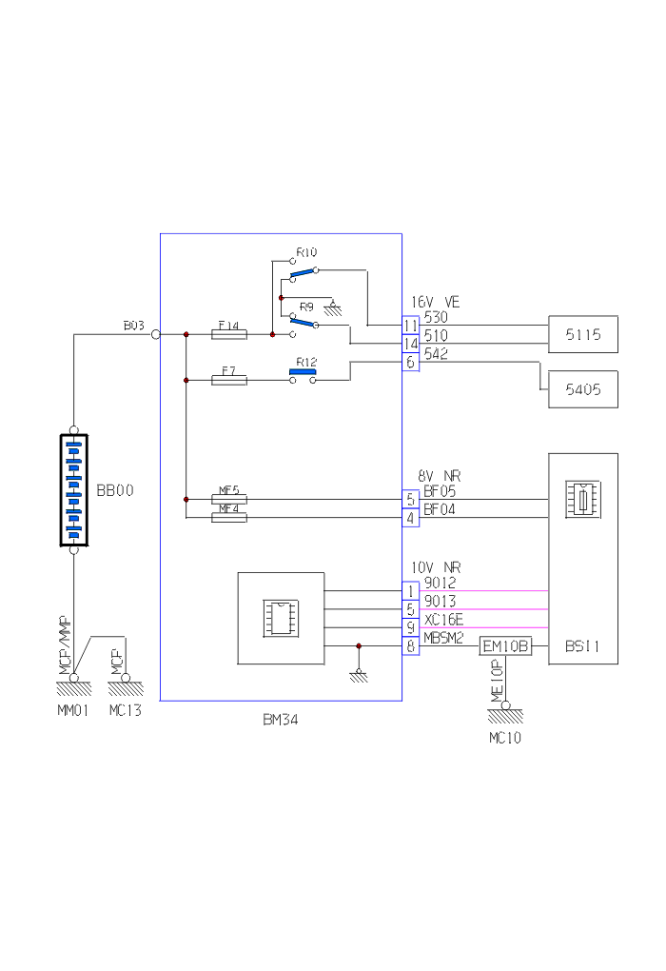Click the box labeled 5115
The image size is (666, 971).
click(582, 335)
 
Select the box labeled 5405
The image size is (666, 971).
click(582, 389)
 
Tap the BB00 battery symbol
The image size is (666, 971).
click(74, 490)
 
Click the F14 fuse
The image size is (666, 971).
click(228, 334)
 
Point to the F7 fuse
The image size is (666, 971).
click(228, 380)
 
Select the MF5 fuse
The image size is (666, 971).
click(228, 499)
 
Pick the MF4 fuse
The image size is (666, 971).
click(228, 517)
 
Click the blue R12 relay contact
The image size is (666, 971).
click(303, 371)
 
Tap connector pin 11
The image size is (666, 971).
click(411, 326)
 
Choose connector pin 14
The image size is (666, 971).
click(411, 344)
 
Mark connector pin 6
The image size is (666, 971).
click(411, 363)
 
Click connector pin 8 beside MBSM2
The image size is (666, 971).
click(411, 646)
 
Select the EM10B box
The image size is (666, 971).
click(504, 646)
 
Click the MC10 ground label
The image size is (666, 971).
click(505, 738)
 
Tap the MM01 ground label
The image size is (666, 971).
click(73, 710)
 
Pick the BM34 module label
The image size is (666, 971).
click(281, 720)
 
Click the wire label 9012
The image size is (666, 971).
click(440, 583)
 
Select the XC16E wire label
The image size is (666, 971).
click(443, 619)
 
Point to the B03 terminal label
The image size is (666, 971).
click(133, 326)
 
